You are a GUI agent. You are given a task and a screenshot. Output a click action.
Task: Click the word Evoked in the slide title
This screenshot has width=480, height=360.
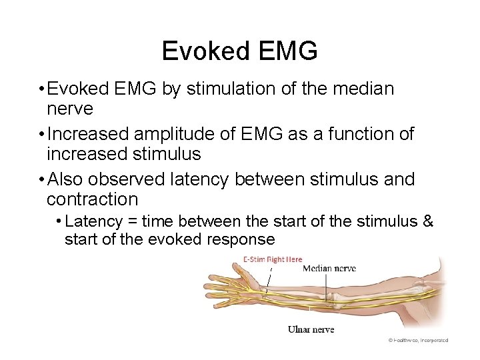[200, 51]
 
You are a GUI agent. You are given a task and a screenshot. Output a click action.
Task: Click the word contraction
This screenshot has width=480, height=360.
[92, 199]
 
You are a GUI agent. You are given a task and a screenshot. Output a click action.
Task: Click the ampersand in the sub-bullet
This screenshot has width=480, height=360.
[427, 221]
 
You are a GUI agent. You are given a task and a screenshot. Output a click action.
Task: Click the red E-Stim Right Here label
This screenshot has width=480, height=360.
[272, 259]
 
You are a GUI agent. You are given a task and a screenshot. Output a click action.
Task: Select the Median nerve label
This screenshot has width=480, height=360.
[329, 269]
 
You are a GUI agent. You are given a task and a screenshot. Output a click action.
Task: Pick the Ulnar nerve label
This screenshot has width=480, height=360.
[311, 329]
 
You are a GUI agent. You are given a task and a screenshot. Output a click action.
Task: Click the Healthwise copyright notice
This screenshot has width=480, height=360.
[418, 339]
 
